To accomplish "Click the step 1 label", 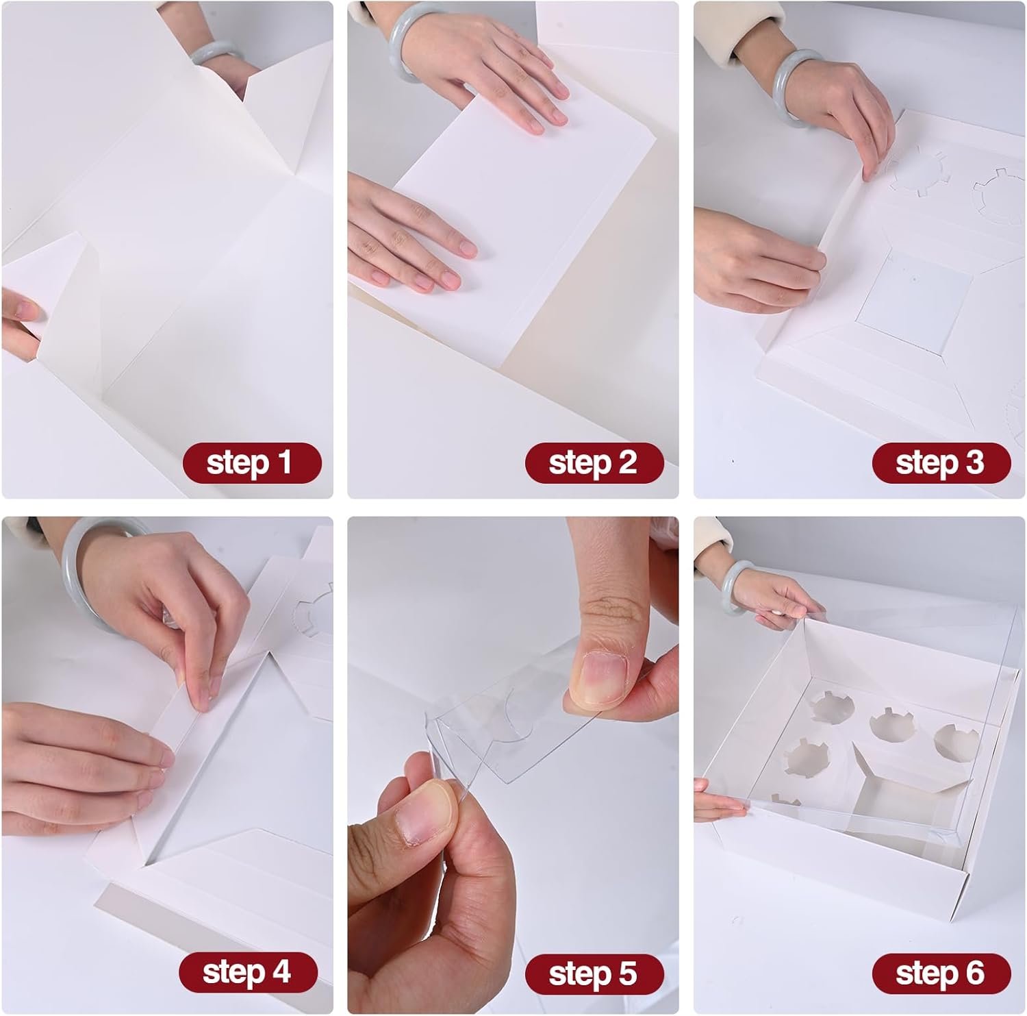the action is pyautogui.click(x=251, y=462).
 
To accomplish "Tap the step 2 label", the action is pyautogui.click(x=594, y=462).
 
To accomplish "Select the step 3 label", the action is pyautogui.click(x=941, y=462).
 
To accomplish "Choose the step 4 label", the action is pyautogui.click(x=248, y=972).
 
